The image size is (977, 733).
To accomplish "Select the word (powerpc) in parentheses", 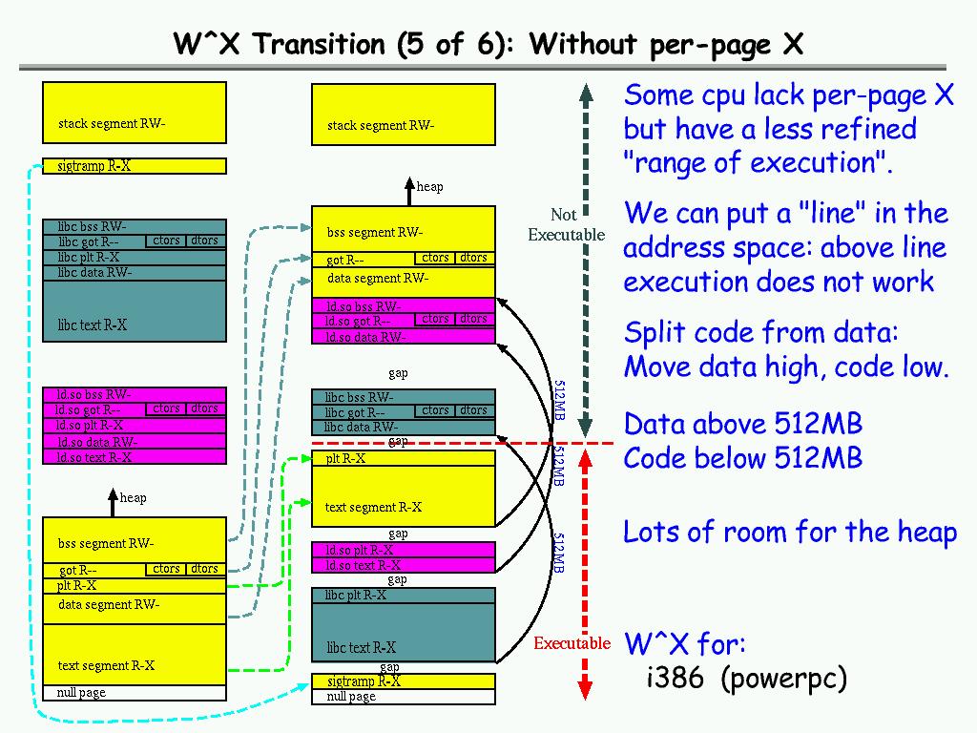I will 783,679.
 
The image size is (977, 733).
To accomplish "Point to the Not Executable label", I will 566,224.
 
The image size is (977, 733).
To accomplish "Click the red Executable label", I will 572,643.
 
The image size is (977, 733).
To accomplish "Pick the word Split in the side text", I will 652,333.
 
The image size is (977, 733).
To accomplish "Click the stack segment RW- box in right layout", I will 404,115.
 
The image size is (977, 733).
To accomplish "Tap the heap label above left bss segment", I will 133,497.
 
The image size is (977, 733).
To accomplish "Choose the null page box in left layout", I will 135,693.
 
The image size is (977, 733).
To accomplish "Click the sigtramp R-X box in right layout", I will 404,681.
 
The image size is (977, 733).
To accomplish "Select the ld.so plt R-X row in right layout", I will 404,550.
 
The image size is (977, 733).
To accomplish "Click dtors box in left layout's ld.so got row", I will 204,408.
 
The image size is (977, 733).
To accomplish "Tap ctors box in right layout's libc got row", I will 435,410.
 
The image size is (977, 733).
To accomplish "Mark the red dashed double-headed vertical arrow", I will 587,573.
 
